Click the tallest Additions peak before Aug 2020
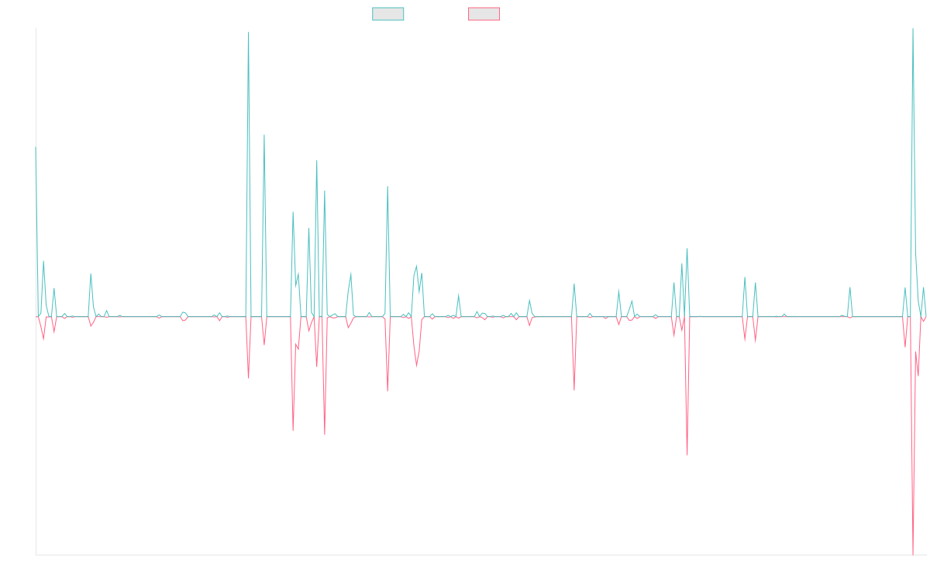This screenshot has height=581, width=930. coord(248,33)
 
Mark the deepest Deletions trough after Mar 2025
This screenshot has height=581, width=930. coord(913,553)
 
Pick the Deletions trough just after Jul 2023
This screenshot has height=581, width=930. coord(687,454)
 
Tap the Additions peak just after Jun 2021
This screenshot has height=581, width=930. coord(387,187)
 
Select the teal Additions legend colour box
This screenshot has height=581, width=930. coord(388,14)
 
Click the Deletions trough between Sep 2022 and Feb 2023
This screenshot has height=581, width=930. coord(574,389)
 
